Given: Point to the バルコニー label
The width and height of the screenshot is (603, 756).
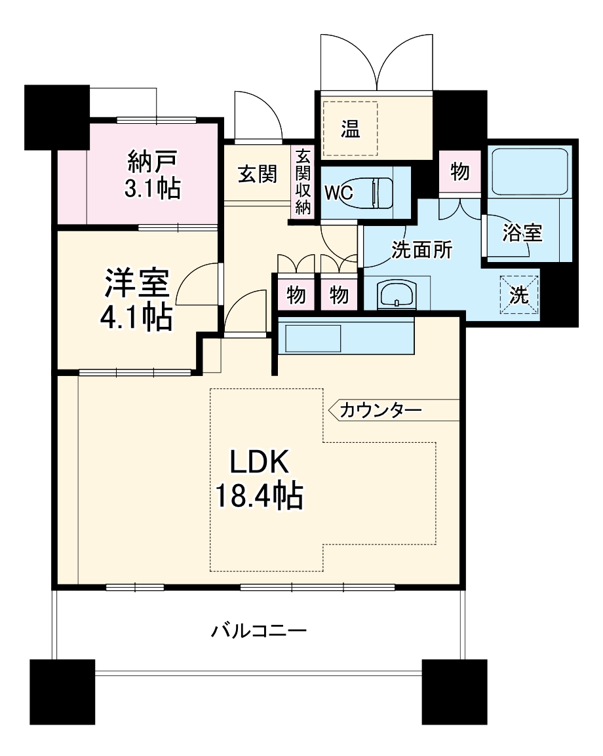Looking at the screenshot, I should point(259,632).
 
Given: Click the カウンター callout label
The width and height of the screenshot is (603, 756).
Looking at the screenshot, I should point(380,411).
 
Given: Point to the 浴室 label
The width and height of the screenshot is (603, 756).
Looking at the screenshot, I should point(522,233).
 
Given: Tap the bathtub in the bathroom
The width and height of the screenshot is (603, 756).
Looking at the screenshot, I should point(529,172).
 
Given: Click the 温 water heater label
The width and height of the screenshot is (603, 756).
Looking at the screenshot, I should point(350,129).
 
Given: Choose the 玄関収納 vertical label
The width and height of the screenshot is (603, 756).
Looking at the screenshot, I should point(302,182).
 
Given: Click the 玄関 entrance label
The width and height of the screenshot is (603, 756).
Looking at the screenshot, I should point(256,174).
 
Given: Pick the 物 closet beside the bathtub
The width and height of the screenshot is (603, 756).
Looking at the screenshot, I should point(459,172).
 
